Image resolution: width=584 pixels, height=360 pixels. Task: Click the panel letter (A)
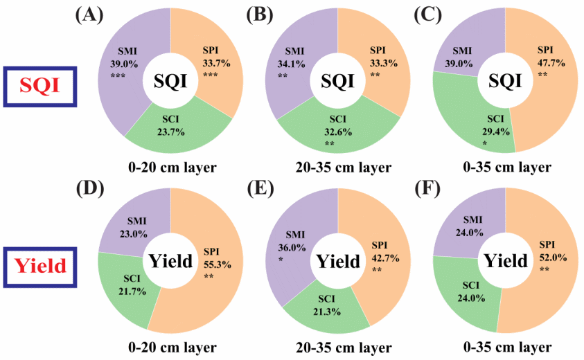tap(89, 16)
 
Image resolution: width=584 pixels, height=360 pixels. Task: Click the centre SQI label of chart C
tap(506, 82)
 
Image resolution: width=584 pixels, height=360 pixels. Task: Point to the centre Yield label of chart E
tap(338, 260)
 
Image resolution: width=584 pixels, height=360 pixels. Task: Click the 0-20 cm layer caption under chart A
tap(171, 168)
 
